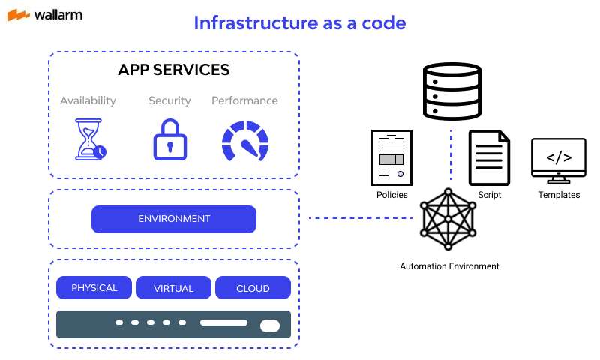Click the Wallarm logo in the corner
click(x=46, y=15)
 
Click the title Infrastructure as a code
click(x=299, y=22)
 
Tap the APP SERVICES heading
click(x=173, y=70)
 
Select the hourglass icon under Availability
click(x=89, y=139)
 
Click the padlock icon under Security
click(x=169, y=139)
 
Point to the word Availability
click(x=88, y=100)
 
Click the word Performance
click(x=244, y=100)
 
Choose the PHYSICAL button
click(x=94, y=288)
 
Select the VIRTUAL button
click(x=173, y=288)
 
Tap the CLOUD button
click(x=253, y=288)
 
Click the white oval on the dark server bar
click(x=269, y=325)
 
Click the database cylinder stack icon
click(x=451, y=91)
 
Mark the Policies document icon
click(x=391, y=157)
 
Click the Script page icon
click(x=489, y=157)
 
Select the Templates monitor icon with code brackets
click(x=559, y=159)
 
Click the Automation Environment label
click(x=449, y=266)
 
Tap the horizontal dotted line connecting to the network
click(x=361, y=218)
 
